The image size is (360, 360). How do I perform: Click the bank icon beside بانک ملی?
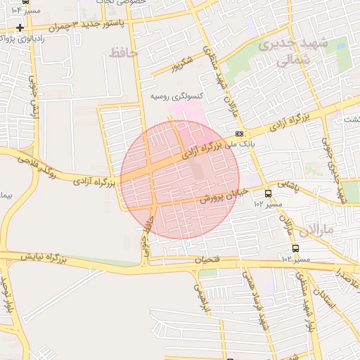tap(240, 133)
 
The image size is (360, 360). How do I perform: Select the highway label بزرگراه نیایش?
tap(43, 258)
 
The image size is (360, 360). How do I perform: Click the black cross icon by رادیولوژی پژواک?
tap(21, 28)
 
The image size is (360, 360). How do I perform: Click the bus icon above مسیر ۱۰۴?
tap(25, 3)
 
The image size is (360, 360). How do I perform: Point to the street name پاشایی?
tap(286, 185)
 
